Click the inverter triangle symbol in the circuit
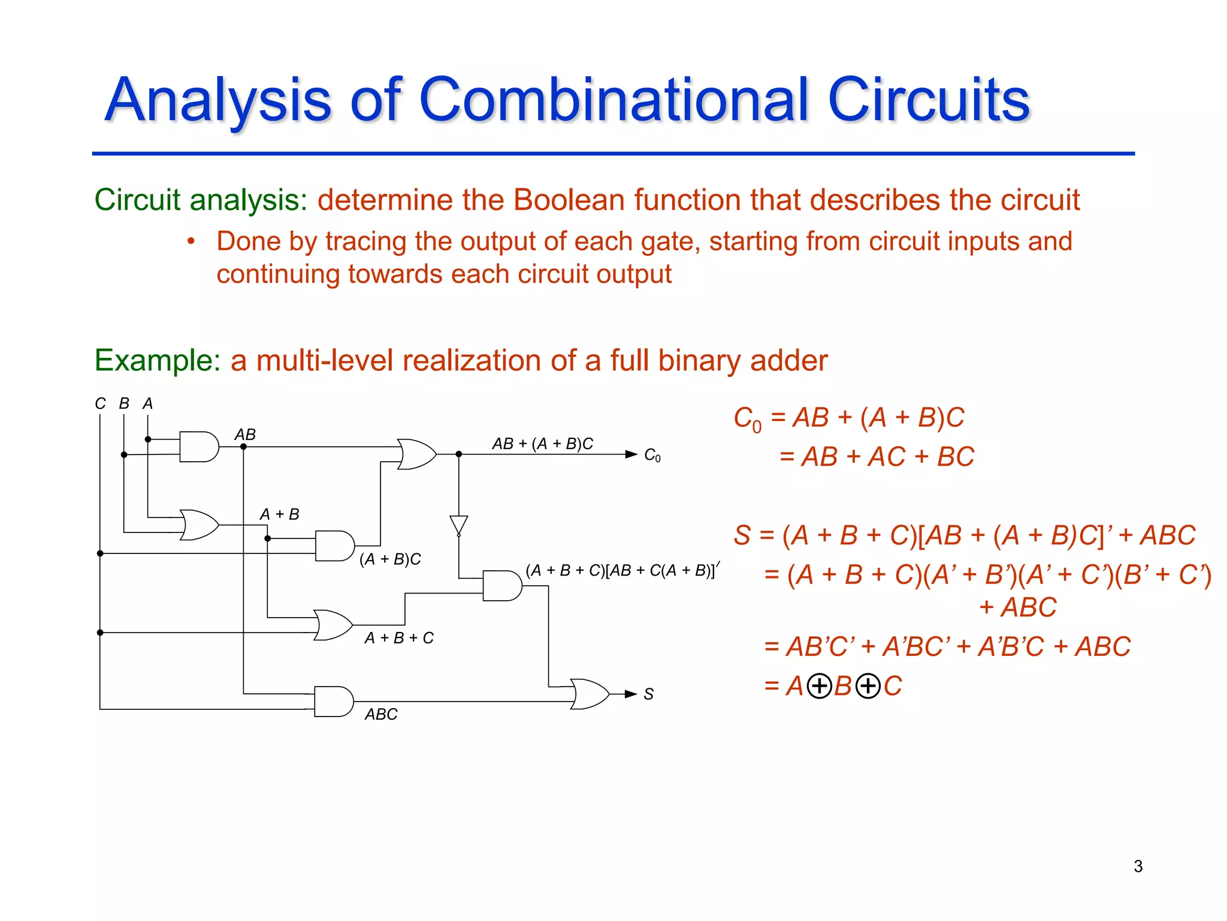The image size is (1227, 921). coord(458,525)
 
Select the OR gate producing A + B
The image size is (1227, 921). coord(200,525)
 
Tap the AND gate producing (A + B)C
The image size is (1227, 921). coord(334,546)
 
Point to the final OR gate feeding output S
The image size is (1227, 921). coord(590,694)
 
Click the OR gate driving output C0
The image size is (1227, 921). coord(417,454)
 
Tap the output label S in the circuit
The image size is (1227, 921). coord(648,694)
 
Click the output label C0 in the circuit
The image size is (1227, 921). coord(652,456)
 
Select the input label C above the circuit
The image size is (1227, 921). coord(100,404)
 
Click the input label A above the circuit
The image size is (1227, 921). coord(147,404)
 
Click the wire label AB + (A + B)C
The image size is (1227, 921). coord(542,444)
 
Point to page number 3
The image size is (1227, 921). coord(1138,866)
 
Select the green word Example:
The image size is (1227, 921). coord(158,360)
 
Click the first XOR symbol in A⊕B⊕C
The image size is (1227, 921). coord(819,686)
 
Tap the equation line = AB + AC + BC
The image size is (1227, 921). coord(877,457)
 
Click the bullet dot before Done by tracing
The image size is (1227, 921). coord(191,242)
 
